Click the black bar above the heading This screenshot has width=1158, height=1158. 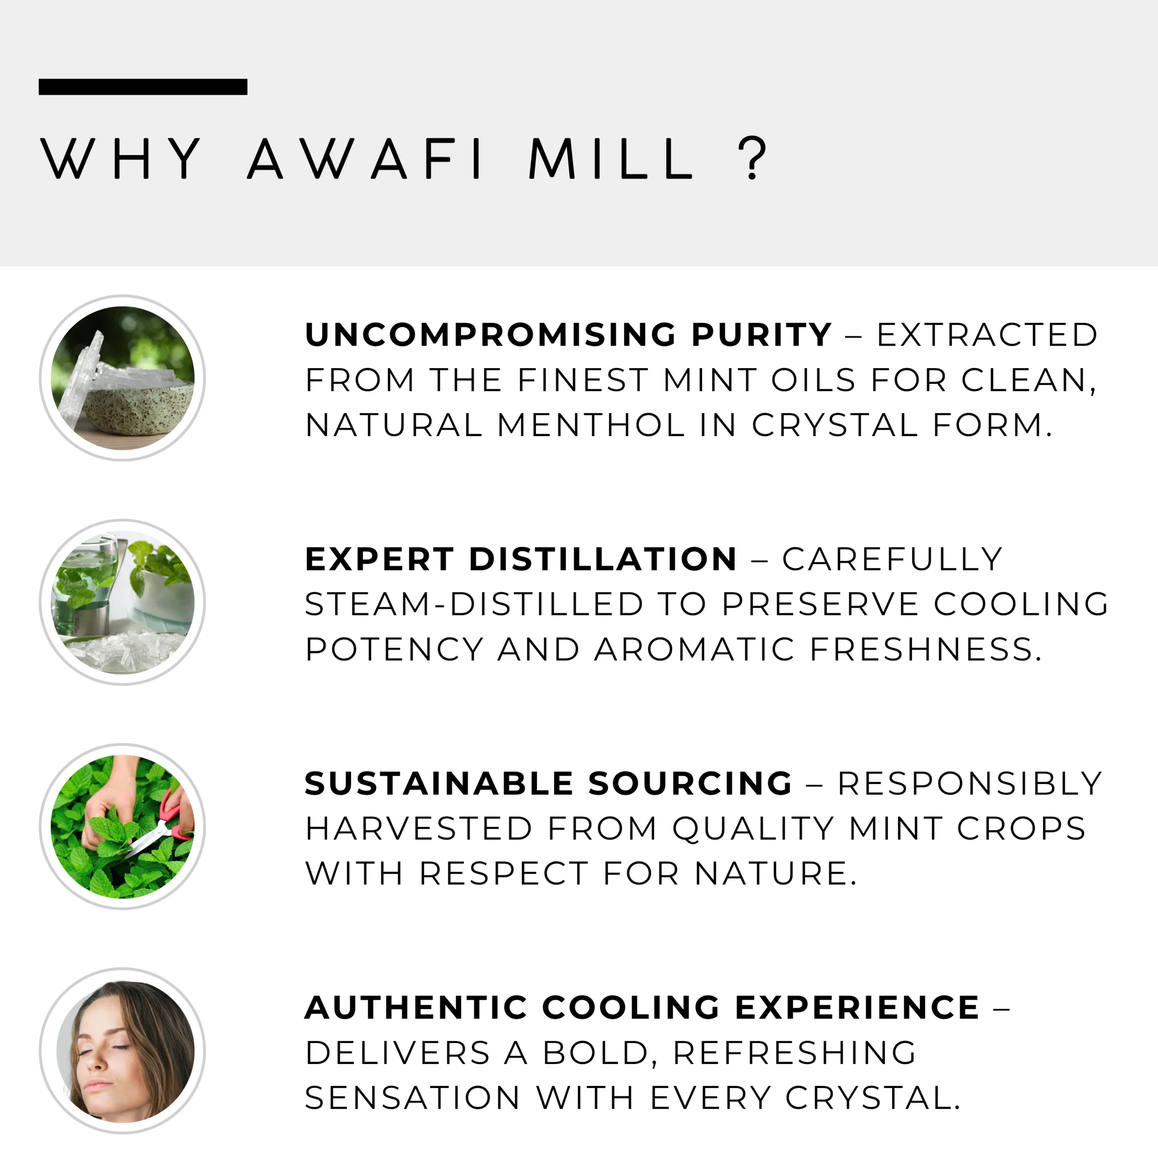[142, 87]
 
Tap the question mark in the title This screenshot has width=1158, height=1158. [752, 158]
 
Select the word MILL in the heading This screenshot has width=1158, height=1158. [612, 159]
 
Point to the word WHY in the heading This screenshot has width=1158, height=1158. [120, 159]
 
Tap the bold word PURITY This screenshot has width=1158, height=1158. [761, 334]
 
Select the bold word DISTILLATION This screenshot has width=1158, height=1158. [603, 559]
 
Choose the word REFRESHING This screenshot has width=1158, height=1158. [795, 1053]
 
